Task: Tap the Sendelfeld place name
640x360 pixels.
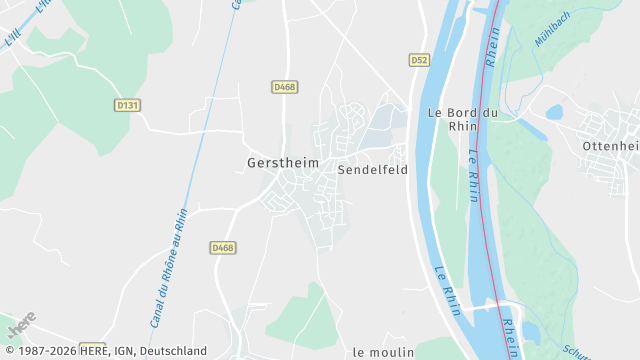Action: tap(372, 170)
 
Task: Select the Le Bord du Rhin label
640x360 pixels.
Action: tap(462, 119)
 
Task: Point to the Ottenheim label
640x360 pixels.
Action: tap(611, 145)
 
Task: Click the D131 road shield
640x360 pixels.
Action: tap(127, 104)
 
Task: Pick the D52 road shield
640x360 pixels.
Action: tap(419, 60)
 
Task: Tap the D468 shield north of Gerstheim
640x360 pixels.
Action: tap(285, 87)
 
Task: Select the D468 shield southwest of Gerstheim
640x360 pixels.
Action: tap(223, 247)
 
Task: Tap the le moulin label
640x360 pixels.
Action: tap(383, 352)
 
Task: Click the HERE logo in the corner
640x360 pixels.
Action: tap(21, 325)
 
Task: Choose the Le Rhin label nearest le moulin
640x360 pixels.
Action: tap(447, 290)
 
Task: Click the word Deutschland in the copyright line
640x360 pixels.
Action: tap(173, 351)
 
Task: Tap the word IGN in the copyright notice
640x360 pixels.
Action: tap(124, 351)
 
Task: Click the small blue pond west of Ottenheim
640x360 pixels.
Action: tap(554, 112)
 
